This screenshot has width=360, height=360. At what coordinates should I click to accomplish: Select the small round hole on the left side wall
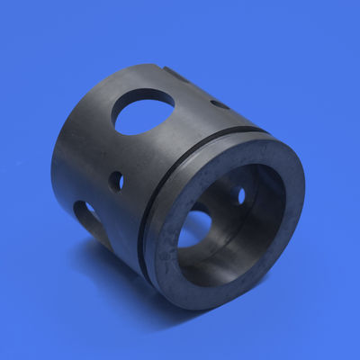pos(117,180)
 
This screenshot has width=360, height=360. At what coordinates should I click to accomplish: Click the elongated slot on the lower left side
pos(87,215)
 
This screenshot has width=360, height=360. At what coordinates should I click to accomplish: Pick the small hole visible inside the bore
pos(241,193)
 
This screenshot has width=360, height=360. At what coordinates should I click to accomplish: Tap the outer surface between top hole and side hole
pos(126,148)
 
